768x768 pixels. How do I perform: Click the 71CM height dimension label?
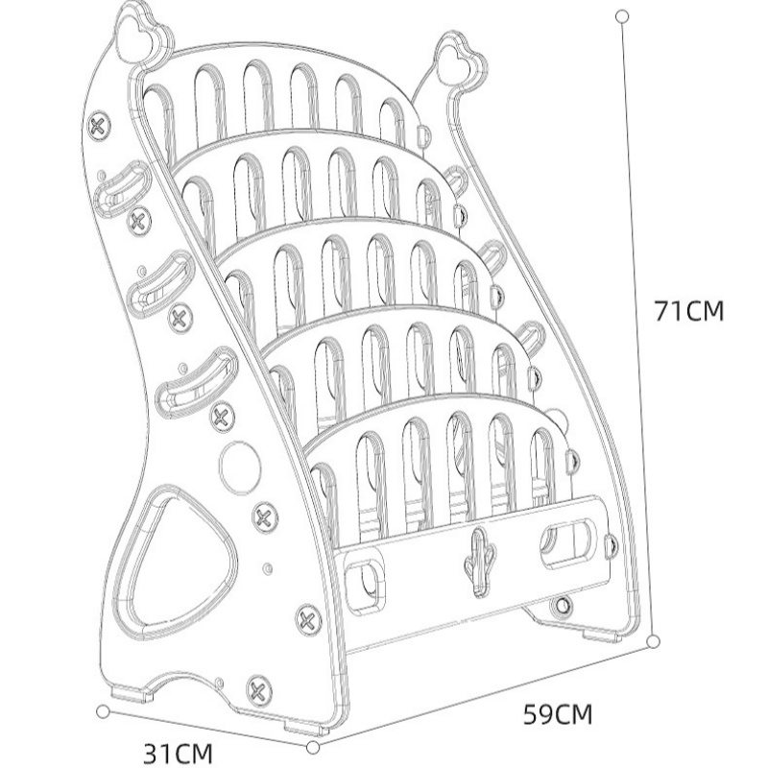689,310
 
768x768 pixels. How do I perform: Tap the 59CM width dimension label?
558,714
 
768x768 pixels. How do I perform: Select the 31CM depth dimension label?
179,754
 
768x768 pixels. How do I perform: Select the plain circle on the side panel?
240,466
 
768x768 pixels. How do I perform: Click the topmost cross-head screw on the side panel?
99,127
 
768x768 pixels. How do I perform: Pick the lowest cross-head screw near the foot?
258,690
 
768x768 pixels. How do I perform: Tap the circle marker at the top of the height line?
622,16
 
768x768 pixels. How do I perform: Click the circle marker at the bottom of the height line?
653,641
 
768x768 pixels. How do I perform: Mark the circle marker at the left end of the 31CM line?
103,711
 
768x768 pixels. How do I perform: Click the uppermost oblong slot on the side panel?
122,188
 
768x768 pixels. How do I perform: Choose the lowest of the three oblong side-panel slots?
197,382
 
